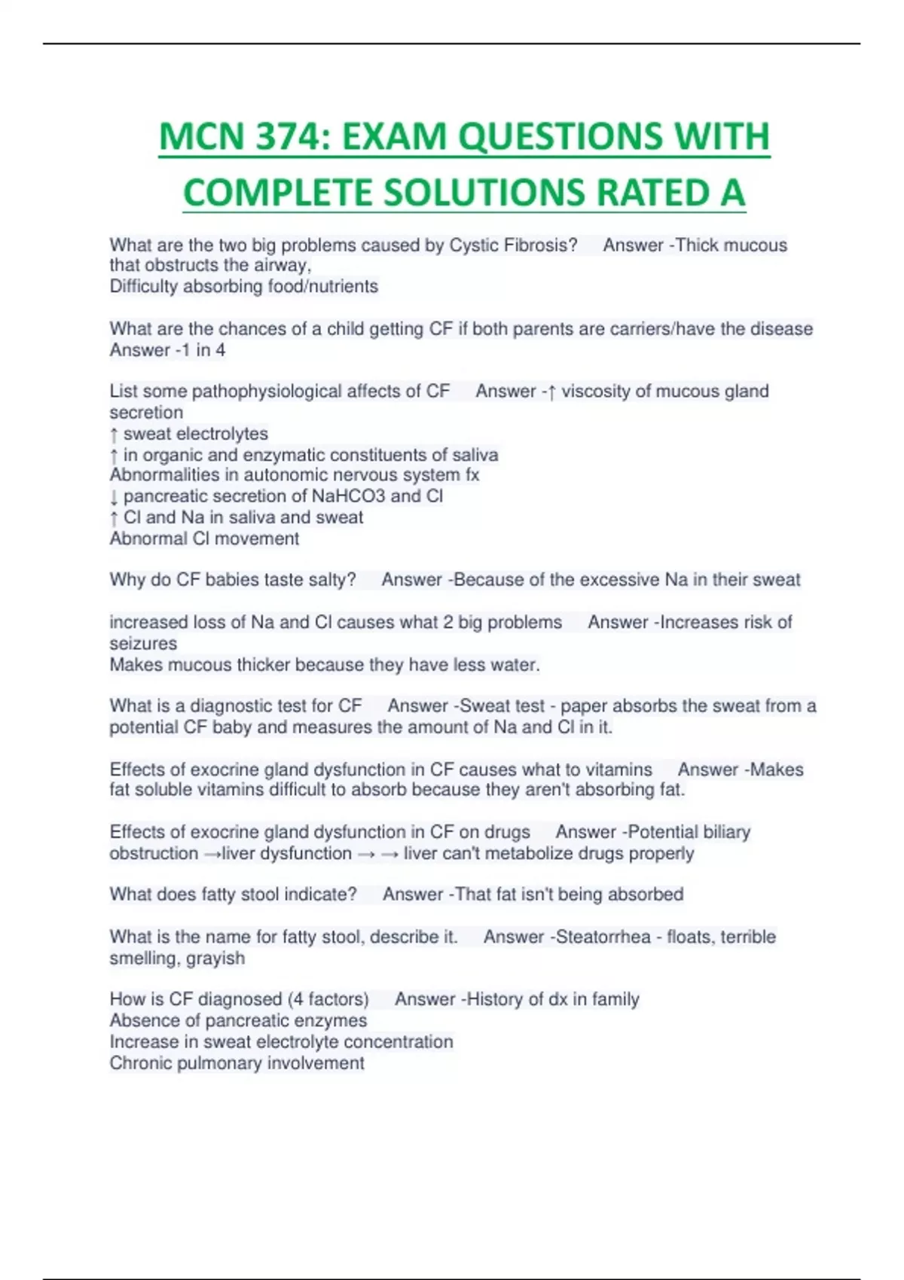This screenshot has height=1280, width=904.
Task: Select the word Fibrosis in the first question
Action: click(541, 245)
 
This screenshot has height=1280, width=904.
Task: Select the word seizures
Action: click(143, 644)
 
